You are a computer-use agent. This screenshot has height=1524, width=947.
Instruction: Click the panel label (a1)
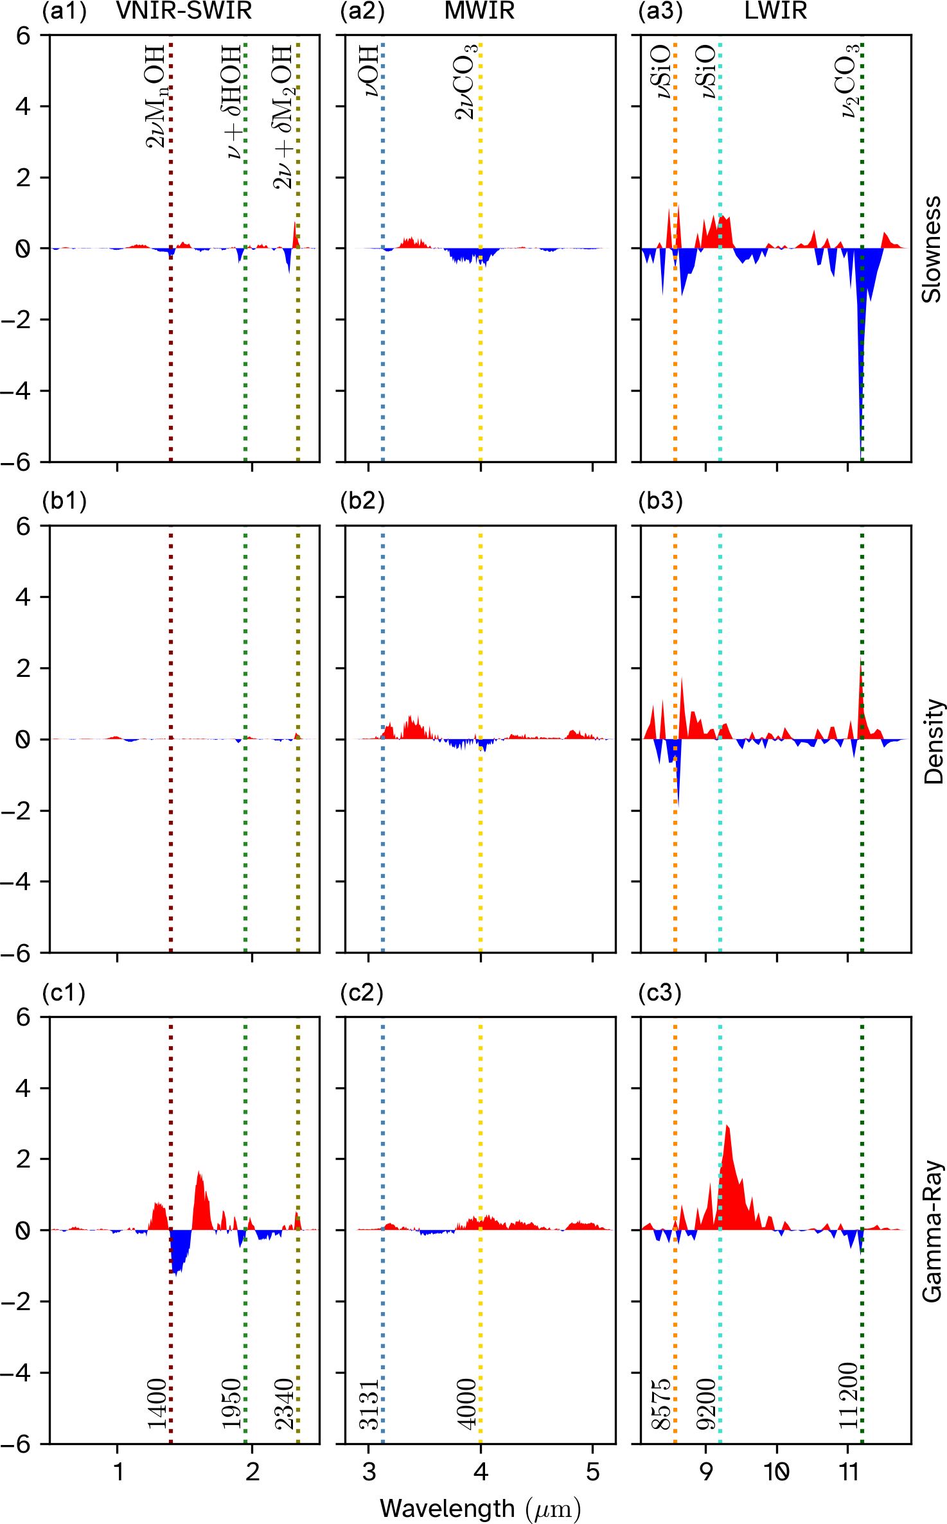(x=64, y=12)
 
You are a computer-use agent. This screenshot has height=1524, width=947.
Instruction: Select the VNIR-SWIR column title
(x=184, y=11)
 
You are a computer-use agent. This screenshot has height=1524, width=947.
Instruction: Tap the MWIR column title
(x=479, y=11)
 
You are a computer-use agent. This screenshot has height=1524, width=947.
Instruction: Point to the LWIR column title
(x=775, y=11)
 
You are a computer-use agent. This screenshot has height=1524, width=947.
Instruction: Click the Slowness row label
(x=932, y=249)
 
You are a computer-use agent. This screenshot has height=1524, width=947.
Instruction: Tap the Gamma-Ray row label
(x=932, y=1231)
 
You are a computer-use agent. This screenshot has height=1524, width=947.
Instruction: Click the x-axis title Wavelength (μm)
(x=480, y=1507)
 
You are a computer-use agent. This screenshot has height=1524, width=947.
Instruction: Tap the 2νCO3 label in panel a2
(x=466, y=82)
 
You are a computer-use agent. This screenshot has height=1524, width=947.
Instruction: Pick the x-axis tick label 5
(x=592, y=1471)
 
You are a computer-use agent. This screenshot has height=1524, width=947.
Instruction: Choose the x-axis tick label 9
(x=705, y=1471)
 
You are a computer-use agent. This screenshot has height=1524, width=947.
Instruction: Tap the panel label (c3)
(x=660, y=993)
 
